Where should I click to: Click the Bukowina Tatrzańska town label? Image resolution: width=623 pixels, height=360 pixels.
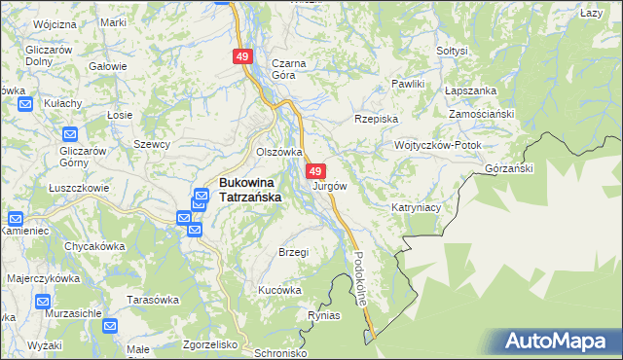tap(249, 189)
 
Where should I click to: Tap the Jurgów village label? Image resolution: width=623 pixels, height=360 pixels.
tap(329, 185)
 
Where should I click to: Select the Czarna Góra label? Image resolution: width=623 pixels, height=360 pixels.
tap(289, 69)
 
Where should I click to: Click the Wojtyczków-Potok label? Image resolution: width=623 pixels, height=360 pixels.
tap(437, 144)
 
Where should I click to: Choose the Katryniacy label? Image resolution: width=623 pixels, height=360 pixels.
tap(418, 207)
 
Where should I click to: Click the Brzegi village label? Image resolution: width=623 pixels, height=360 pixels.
tap(293, 252)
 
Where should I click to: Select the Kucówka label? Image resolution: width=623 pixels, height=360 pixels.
tap(279, 290)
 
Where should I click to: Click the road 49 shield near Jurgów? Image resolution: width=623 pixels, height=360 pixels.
tap(315, 171)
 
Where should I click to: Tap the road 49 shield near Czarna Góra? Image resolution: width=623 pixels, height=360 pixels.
tap(242, 57)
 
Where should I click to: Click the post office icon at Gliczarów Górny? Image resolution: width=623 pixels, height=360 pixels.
tap(69, 134)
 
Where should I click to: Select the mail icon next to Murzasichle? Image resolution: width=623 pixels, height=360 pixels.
tap(44, 303)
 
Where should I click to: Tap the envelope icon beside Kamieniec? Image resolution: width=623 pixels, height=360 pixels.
tap(18, 220)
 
